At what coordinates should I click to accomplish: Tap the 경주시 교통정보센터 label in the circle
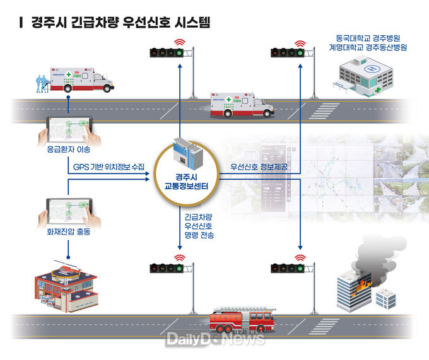[x=186, y=179]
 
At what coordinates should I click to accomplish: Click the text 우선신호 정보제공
[x=258, y=166]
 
